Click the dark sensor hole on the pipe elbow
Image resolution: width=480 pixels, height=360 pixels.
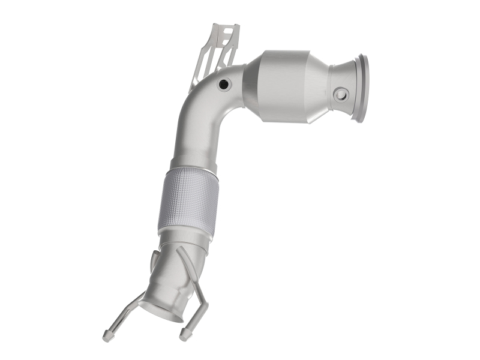[x=224, y=85]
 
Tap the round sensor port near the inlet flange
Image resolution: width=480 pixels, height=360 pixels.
[x=341, y=94]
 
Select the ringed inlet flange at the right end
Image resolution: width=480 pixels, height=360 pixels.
[x=362, y=88]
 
